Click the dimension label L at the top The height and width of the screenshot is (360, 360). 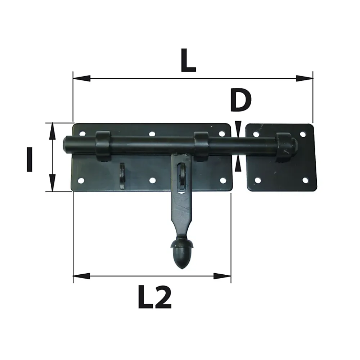[x=188, y=60]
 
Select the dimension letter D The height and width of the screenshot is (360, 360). [x=240, y=100]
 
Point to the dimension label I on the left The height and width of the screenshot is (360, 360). [x=30, y=159]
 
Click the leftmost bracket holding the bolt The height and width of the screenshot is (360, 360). [x=103, y=146]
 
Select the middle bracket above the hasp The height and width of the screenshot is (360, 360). [x=201, y=146]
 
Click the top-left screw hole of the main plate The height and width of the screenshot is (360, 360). [x=82, y=134]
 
